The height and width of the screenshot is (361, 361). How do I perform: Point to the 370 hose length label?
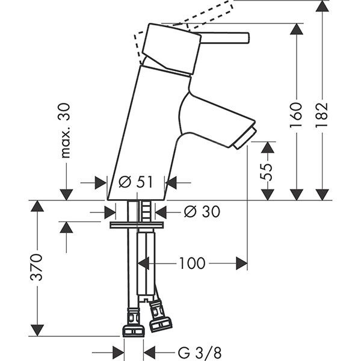(37, 268)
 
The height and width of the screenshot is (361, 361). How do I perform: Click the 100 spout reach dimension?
(192, 264)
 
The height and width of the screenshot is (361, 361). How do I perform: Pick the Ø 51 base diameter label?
(136, 182)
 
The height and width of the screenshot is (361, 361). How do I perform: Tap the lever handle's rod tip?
(245, 37)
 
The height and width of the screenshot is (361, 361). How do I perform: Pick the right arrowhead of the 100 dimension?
(242, 264)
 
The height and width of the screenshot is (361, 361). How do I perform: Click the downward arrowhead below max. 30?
(66, 194)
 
